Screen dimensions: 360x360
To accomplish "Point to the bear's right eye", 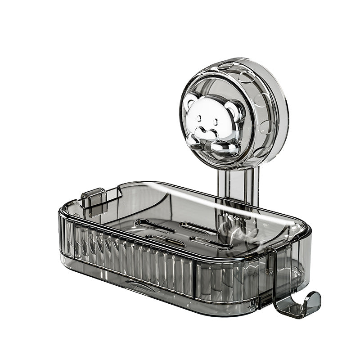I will [x=216, y=121].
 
